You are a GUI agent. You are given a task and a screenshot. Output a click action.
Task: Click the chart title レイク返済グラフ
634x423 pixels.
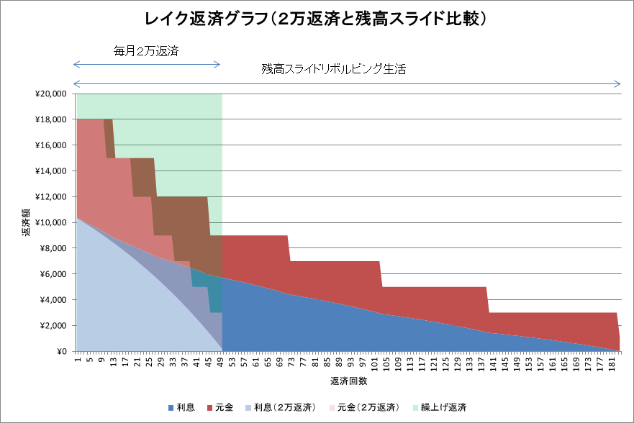pos(317,17)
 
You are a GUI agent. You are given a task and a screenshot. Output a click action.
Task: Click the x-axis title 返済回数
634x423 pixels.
pos(348,381)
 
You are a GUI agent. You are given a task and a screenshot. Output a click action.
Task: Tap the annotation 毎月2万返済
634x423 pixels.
pos(146,52)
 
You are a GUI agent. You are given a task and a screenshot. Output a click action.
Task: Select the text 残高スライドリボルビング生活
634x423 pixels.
pos(334,70)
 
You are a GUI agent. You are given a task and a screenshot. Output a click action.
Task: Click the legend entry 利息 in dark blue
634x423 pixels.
pos(187,408)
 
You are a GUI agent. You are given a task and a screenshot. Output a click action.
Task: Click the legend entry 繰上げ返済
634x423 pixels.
pos(440,408)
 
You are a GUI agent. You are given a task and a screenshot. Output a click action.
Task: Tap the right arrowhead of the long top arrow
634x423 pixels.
pos(618,83)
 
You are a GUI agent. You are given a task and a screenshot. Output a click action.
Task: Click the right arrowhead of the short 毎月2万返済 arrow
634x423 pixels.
pos(219,65)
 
